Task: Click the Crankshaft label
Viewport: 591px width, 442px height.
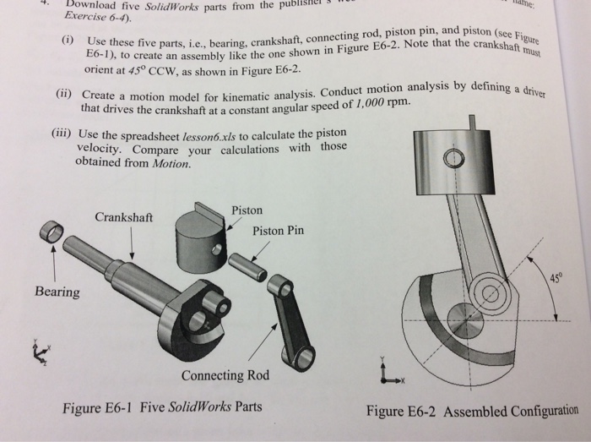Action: (x=123, y=216)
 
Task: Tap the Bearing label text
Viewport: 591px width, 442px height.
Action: (x=57, y=292)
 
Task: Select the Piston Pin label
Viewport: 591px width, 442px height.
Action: (x=278, y=231)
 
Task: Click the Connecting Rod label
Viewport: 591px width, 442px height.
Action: (x=225, y=375)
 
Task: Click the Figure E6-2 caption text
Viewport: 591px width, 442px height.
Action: (x=472, y=412)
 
